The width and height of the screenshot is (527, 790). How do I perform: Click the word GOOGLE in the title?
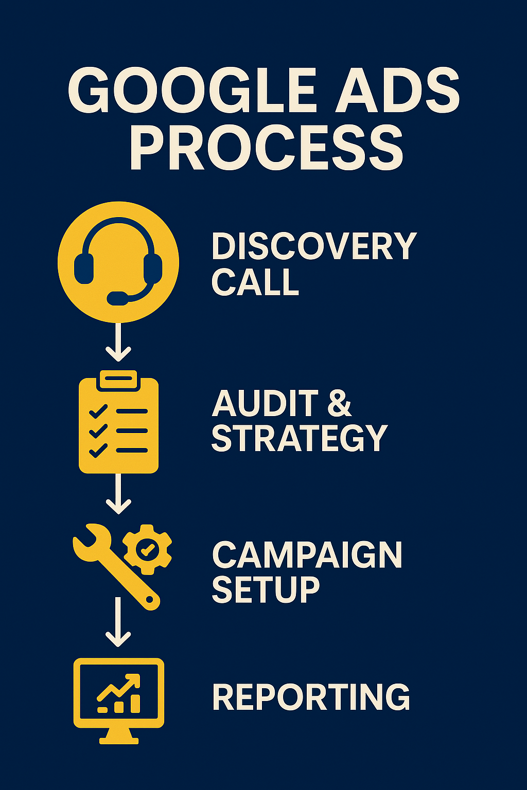click(x=191, y=90)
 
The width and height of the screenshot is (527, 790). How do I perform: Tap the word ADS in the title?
click(x=397, y=90)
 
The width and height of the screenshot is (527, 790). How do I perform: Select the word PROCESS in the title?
click(x=267, y=148)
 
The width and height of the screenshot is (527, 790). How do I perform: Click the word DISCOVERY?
click(x=314, y=246)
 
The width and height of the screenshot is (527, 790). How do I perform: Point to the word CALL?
click(x=255, y=281)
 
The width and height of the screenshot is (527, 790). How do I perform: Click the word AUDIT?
click(x=266, y=403)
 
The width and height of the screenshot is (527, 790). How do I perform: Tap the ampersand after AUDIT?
click(x=340, y=403)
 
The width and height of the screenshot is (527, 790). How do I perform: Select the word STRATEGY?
click(x=300, y=438)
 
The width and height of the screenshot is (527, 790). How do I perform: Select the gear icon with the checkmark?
click(x=147, y=549)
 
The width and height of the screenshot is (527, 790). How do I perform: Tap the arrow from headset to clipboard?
click(x=118, y=342)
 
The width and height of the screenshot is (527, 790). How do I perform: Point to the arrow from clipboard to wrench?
click(x=118, y=494)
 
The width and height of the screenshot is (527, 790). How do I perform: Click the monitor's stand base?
click(x=118, y=741)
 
